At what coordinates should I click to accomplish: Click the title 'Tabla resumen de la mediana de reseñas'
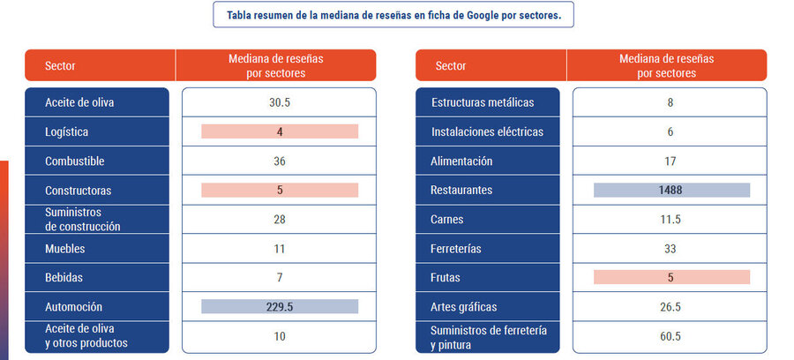[393, 15]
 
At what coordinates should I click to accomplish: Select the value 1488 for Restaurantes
[670, 190]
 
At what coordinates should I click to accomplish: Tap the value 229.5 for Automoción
[279, 307]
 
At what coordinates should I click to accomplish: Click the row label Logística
[67, 131]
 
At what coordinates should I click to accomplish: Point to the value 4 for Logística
[279, 131]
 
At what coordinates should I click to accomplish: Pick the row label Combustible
[75, 161]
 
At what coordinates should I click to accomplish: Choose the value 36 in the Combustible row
[279, 161]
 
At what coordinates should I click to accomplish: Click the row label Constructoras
[79, 191]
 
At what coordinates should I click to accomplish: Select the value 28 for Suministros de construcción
[279, 220]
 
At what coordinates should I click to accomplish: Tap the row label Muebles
[65, 249]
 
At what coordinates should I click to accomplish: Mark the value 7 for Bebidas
[279, 278]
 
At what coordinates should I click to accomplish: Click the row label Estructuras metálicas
[483, 102]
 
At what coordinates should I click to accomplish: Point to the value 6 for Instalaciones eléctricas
[670, 132]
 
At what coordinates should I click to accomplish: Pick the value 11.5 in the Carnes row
[670, 220]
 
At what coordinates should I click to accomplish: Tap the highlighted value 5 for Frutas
[670, 277]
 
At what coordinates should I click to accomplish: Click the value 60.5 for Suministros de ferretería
[670, 336]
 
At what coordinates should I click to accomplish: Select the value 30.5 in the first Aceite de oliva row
[279, 102]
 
